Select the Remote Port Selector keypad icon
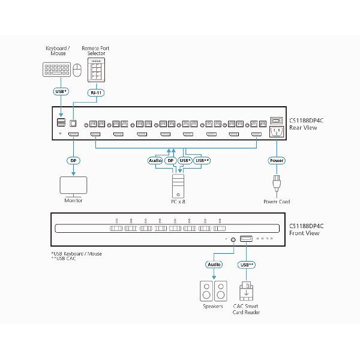pyautogui.click(x=96, y=72)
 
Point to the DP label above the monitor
pyautogui.click(x=73, y=161)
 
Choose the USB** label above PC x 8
pyautogui.click(x=202, y=161)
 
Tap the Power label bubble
pyautogui.click(x=277, y=161)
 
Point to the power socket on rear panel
pyautogui.click(x=277, y=132)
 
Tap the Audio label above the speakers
pyautogui.click(x=214, y=263)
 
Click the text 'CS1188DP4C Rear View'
pyautogui.click(x=307, y=122)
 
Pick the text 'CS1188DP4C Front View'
pyautogui.click(x=307, y=230)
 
